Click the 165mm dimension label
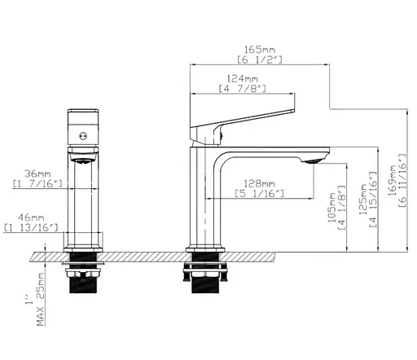[x=260, y=50]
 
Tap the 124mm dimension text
[x=243, y=79]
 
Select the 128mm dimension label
[x=260, y=183]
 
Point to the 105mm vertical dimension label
[x=332, y=208]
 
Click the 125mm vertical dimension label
[x=362, y=199]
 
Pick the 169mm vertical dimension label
[x=393, y=180]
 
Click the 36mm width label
[x=37, y=173]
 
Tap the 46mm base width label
[x=31, y=217]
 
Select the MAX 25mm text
[x=41, y=300]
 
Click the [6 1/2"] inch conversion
[x=260, y=59]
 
